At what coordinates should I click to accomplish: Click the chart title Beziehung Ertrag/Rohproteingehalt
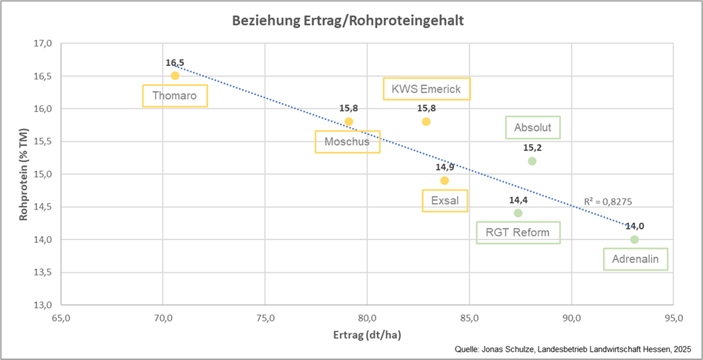pos(348,21)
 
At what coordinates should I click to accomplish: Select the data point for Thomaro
pos(175,76)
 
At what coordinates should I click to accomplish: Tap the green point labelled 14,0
pos(634,239)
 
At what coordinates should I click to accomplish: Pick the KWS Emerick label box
pos(427,89)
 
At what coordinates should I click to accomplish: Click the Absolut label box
pos(533,127)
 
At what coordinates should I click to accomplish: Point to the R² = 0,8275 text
pos(607,201)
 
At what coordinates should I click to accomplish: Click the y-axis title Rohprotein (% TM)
pos(24,174)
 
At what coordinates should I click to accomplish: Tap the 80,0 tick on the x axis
pos(367,319)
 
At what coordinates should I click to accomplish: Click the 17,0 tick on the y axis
pos(42,44)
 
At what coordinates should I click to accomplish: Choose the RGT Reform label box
pos(518,233)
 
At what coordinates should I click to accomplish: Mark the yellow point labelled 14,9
pos(444,180)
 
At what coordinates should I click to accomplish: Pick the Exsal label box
pos(444,201)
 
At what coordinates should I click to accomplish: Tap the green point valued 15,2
pos(532,161)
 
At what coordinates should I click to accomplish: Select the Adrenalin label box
pos(635,259)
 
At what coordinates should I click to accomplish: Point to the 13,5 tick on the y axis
pos(42,273)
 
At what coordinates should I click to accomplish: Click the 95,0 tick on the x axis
pos(673,319)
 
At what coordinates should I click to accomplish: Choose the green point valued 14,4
pos(518,213)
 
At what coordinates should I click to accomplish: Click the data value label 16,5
pos(175,64)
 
